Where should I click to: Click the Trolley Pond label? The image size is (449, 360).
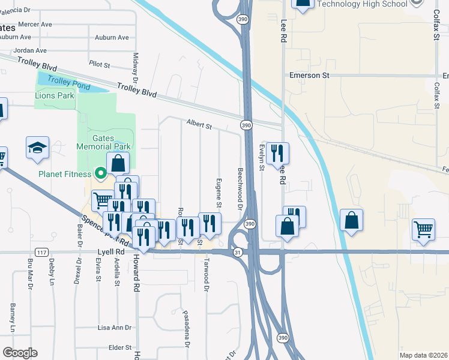click(x=69, y=83)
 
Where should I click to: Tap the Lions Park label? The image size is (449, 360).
click(x=55, y=95)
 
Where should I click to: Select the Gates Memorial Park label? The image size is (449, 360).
click(x=103, y=142)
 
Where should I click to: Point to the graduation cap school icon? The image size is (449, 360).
click(x=37, y=148)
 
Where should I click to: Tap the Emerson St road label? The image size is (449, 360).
click(x=310, y=76)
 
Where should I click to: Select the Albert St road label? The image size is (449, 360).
click(x=199, y=125)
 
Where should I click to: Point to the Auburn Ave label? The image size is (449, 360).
click(x=112, y=37)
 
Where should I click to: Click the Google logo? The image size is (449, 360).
click(x=20, y=352)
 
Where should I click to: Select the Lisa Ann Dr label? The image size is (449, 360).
click(x=114, y=328)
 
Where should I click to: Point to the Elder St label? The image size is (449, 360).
click(x=119, y=347)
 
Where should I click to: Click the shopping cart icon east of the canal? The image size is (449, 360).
click(x=423, y=229)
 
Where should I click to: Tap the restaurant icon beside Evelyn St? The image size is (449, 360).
click(x=278, y=154)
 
